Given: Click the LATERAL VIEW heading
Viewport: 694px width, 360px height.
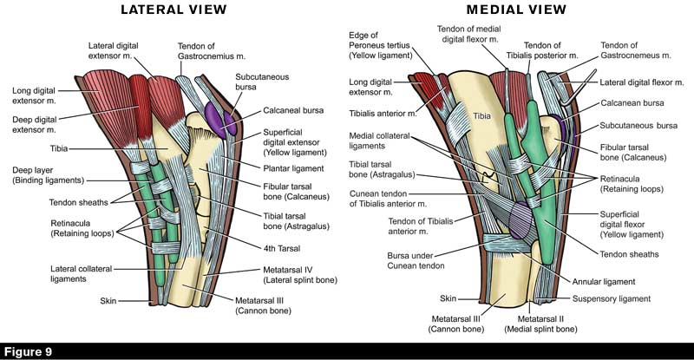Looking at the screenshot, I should [x=174, y=10].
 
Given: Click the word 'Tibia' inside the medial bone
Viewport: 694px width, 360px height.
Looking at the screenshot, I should [x=482, y=115].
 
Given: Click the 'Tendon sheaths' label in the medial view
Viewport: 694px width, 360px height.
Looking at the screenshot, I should [x=629, y=254].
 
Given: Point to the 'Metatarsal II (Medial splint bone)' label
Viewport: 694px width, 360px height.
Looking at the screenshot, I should [x=541, y=324].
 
